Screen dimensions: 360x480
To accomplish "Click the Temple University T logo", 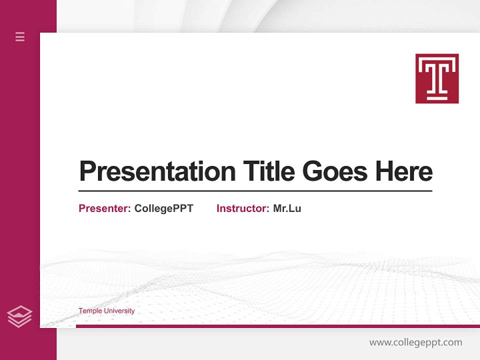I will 437,78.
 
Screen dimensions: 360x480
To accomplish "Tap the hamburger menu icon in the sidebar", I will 20,36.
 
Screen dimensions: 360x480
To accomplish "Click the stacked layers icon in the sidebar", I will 19,316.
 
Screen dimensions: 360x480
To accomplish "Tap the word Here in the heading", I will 403,171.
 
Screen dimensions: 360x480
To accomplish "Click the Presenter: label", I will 104,208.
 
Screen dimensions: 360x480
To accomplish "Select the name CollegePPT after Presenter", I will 163,208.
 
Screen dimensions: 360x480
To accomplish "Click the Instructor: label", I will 242,208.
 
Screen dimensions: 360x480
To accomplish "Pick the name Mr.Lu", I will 287,208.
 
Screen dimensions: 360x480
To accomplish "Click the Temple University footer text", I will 106,311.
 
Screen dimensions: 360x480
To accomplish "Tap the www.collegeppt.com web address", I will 415,342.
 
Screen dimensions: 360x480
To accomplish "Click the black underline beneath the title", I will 255,191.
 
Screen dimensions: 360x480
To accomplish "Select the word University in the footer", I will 120,311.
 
